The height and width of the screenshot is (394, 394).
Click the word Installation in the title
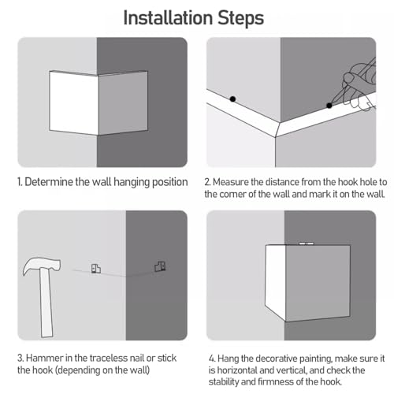168,18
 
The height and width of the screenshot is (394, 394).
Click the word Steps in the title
240,19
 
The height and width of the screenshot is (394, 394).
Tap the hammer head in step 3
42,266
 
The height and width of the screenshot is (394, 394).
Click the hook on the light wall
96,269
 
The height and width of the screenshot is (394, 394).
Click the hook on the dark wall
160,266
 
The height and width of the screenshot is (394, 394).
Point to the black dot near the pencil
329,106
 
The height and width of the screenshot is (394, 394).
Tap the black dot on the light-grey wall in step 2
232,99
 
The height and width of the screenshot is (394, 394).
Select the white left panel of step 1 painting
73,102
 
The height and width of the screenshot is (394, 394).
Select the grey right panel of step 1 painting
123,102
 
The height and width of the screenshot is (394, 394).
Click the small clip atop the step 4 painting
307,243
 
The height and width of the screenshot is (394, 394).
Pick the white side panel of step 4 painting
275,282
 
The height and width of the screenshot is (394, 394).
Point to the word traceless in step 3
108,358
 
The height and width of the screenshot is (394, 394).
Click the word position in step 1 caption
170,182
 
